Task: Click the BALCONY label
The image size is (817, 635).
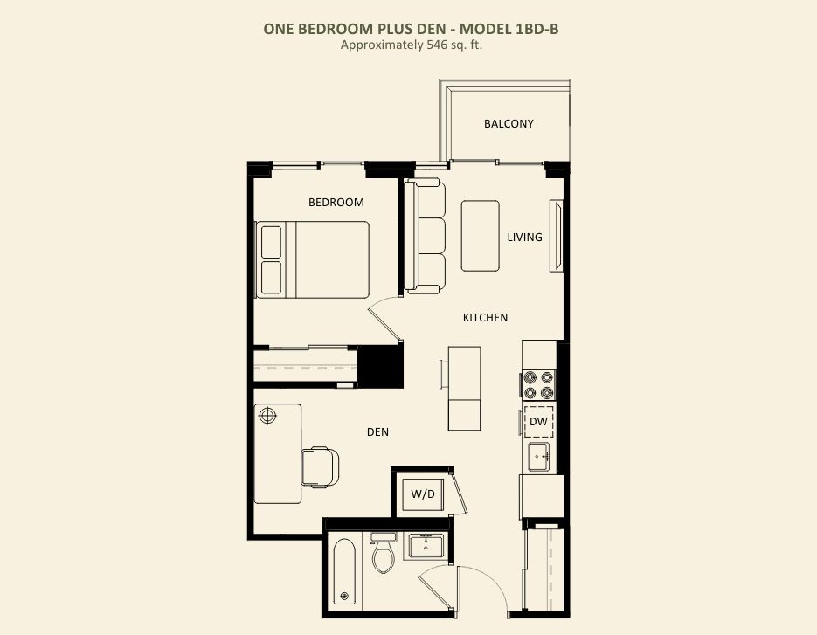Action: click(509, 123)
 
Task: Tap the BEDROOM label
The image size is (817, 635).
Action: click(336, 202)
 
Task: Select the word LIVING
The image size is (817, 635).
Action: click(524, 237)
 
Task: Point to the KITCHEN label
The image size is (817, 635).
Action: click(485, 317)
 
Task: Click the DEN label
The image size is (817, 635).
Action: click(377, 431)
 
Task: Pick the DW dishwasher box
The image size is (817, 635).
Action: click(538, 421)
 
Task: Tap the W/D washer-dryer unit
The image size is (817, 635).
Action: click(423, 494)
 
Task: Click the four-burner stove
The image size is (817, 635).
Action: click(539, 385)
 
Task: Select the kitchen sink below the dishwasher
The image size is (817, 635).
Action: click(539, 457)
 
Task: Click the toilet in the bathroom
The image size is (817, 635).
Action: click(384, 552)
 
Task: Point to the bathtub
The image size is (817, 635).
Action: click(344, 571)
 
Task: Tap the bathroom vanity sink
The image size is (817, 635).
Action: click(426, 545)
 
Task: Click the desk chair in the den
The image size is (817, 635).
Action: click(321, 466)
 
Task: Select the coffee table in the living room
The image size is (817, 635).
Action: click(481, 236)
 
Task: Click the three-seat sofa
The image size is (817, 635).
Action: click(426, 236)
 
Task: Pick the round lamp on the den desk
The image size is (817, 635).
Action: click(267, 416)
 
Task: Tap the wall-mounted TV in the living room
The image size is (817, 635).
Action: click(557, 236)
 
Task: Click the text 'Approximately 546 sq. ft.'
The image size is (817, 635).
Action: click(412, 45)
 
